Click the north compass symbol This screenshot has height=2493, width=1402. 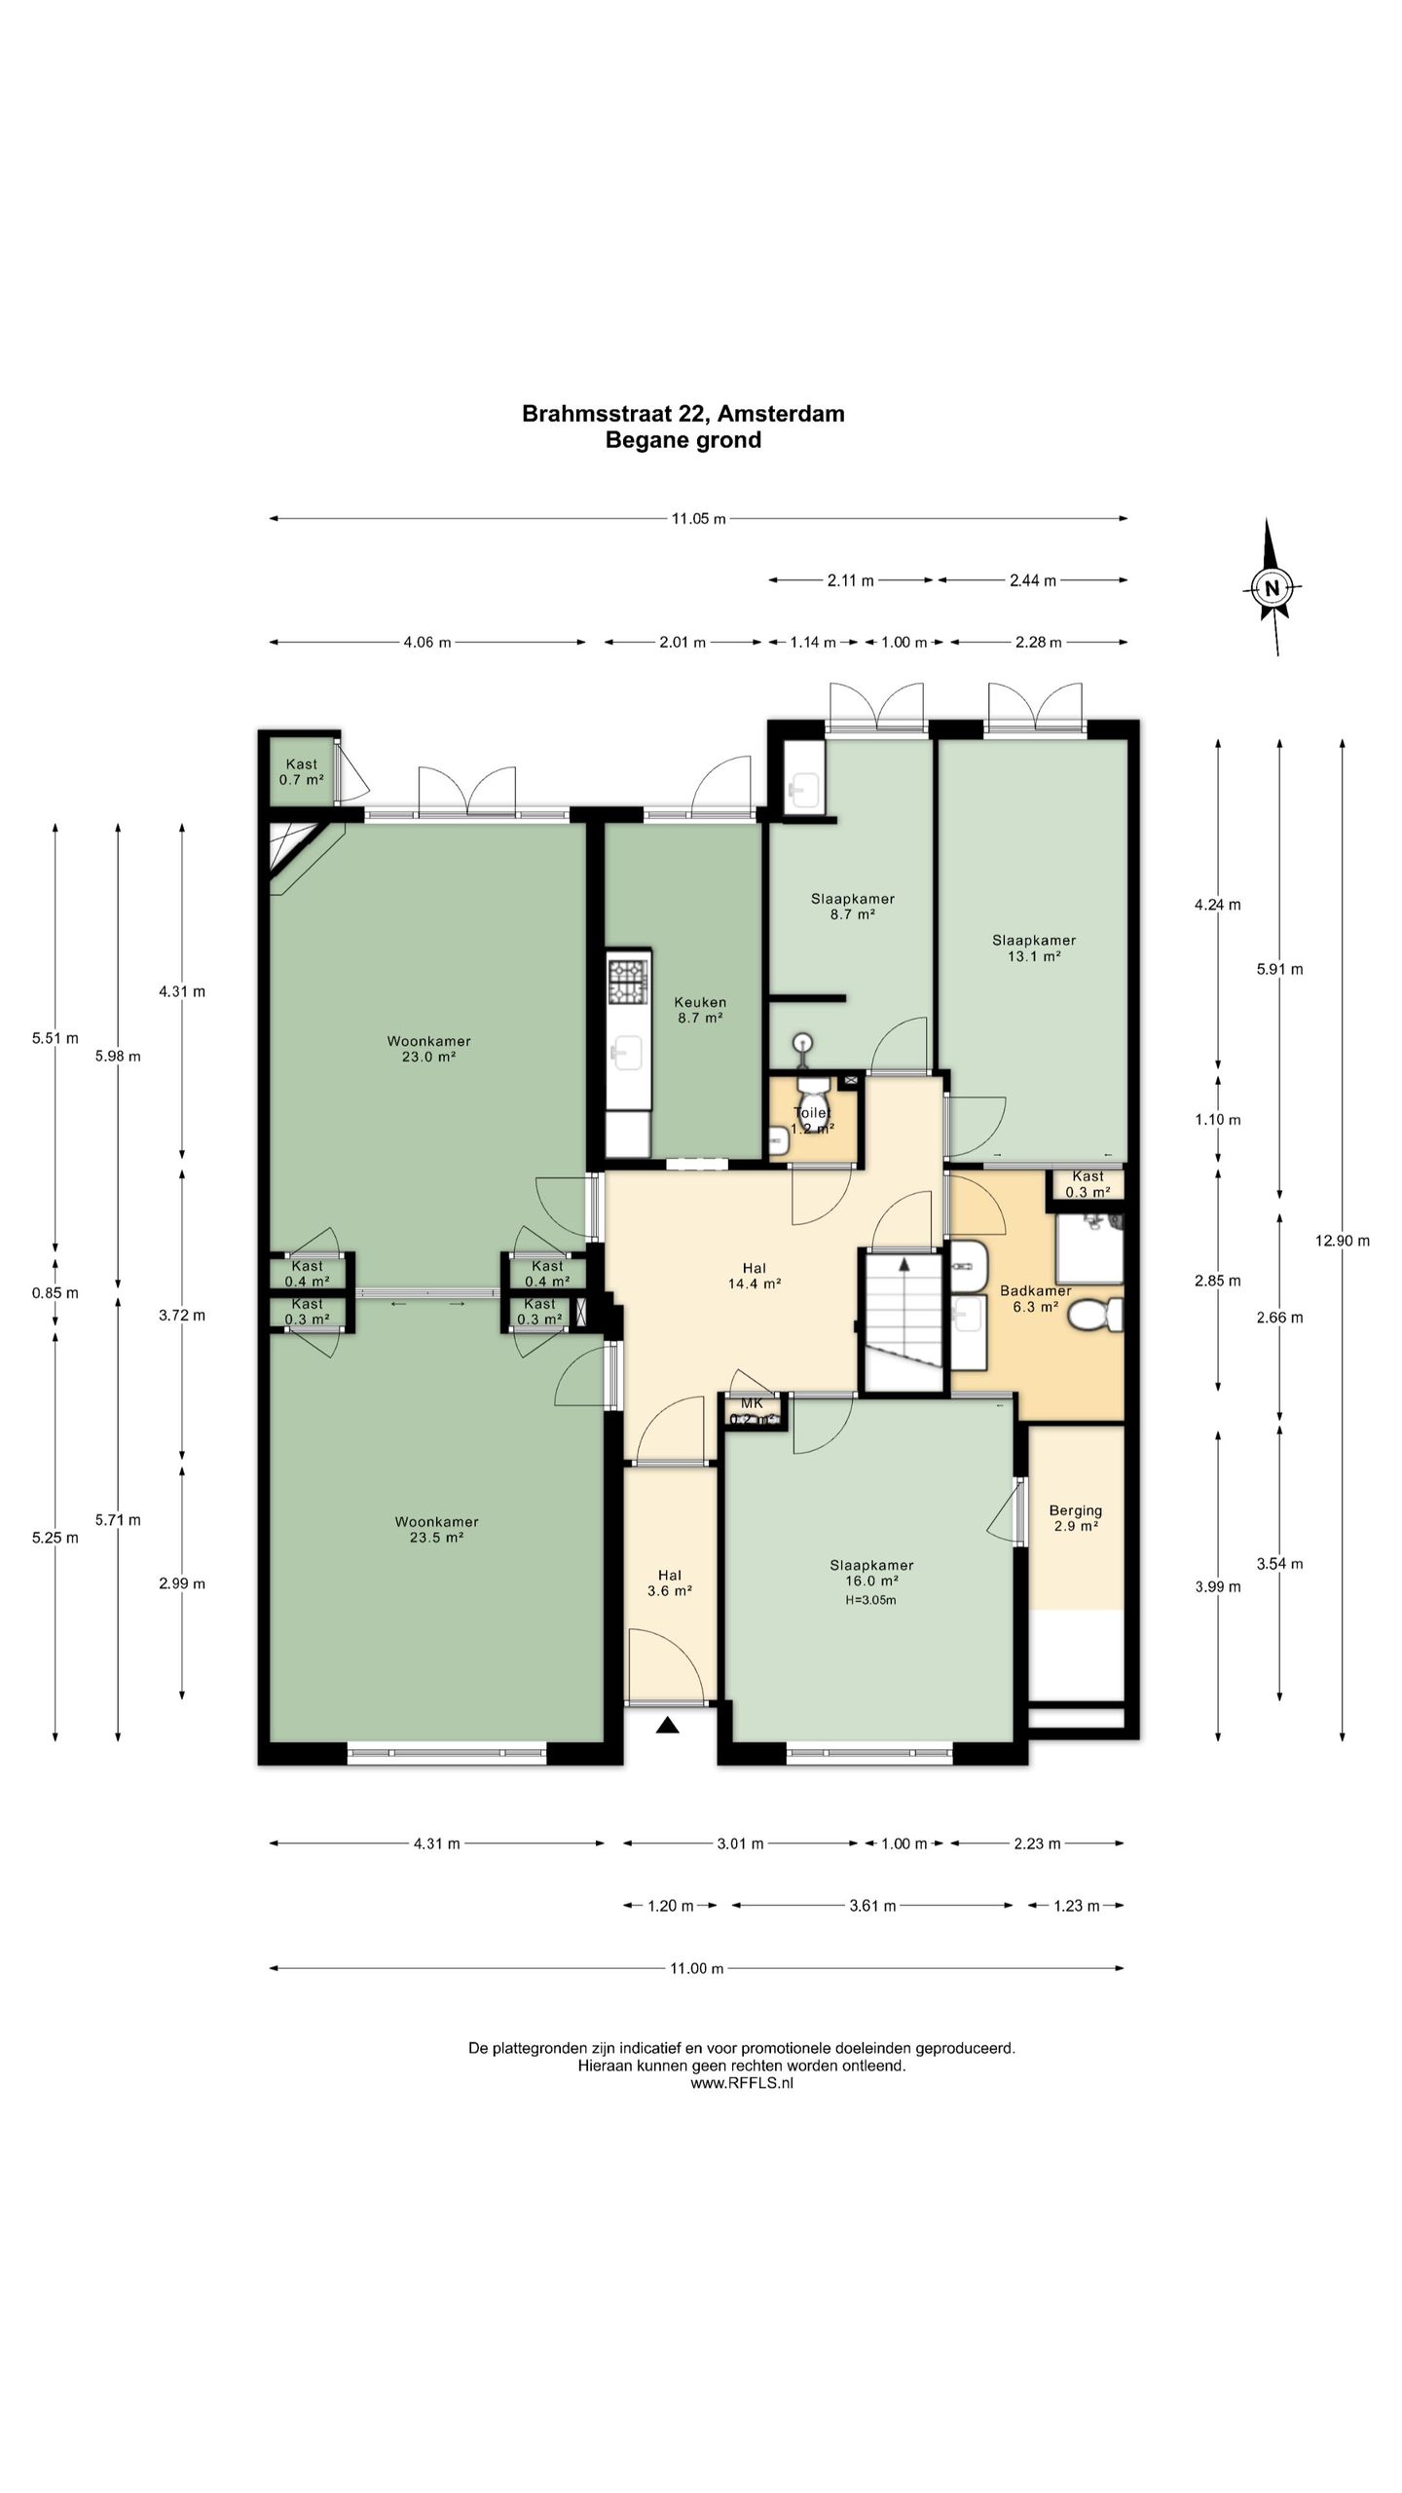click(x=1272, y=587)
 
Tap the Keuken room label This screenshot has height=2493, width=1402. click(x=700, y=1002)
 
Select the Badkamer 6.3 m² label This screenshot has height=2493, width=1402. click(x=1036, y=1299)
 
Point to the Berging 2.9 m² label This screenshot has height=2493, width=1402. click(x=1076, y=1518)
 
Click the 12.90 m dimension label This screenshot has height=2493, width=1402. click(x=1343, y=1241)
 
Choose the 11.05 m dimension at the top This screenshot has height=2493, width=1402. click(x=699, y=519)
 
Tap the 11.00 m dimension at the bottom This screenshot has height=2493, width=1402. click(x=697, y=1968)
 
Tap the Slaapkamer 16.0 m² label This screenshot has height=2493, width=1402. click(x=871, y=1573)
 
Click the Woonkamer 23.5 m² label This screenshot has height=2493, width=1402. click(x=437, y=1530)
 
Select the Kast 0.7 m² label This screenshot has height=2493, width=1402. click(x=302, y=772)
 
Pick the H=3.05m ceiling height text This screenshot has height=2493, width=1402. click(x=871, y=1600)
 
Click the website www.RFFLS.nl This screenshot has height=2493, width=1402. click(x=742, y=2083)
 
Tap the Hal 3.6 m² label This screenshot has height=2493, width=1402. click(x=670, y=1582)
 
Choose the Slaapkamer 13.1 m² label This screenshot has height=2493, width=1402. click(x=1034, y=949)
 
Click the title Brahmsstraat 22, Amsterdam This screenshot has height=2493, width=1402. click(x=683, y=414)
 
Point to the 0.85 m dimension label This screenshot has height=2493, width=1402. click(x=55, y=1293)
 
